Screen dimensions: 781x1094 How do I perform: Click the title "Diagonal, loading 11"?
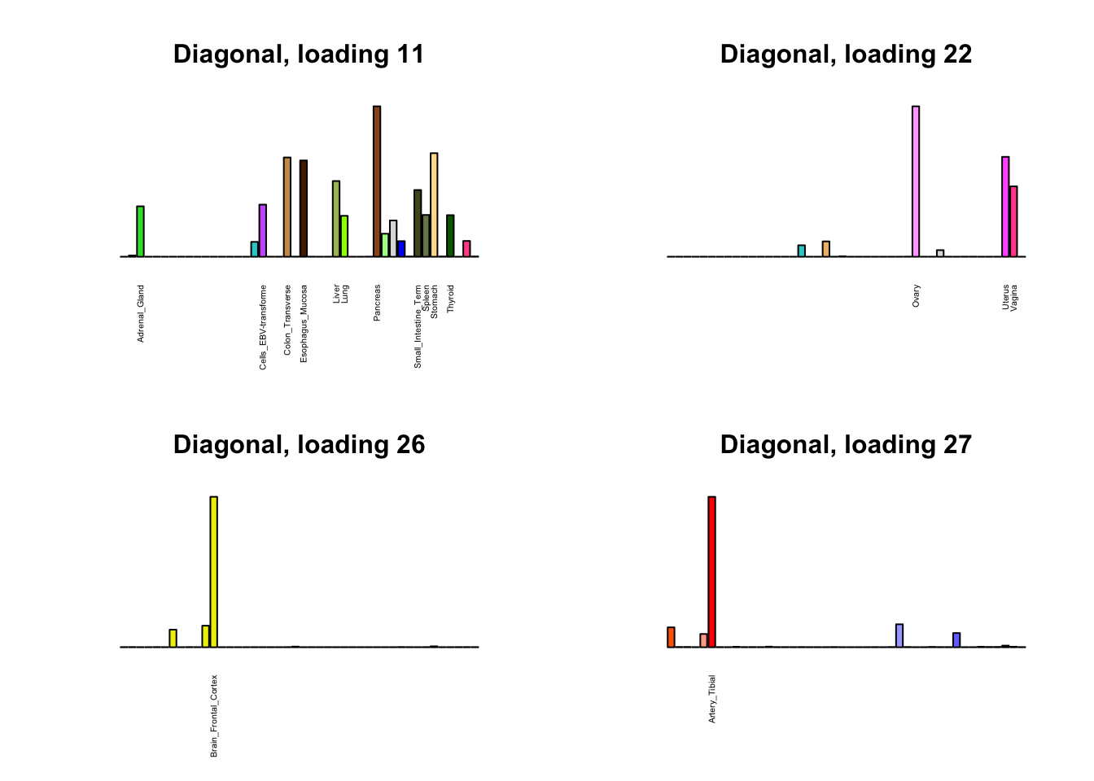point(299,55)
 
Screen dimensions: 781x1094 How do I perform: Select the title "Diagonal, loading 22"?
point(846,55)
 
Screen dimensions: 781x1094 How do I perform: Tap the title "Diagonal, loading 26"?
point(299,445)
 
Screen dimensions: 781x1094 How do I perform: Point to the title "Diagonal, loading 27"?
point(846,445)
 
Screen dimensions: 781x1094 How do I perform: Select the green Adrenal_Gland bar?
point(141,232)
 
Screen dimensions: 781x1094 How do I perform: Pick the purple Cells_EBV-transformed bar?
point(263,230)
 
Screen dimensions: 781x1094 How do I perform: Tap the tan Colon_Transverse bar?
point(287,207)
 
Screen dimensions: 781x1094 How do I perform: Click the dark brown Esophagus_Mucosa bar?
point(304,208)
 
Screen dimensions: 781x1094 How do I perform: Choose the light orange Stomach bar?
point(434,205)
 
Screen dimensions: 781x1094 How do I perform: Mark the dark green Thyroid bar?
point(450,236)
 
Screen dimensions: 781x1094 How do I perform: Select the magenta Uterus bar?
point(1005,207)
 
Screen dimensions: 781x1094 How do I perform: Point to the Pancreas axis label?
point(377,303)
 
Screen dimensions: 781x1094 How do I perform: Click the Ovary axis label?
point(916,295)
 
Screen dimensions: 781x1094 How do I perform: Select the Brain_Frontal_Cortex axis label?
point(214,716)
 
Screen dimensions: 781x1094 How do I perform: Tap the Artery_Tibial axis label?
point(712,699)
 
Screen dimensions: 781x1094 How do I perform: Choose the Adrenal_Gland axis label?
point(141,313)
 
